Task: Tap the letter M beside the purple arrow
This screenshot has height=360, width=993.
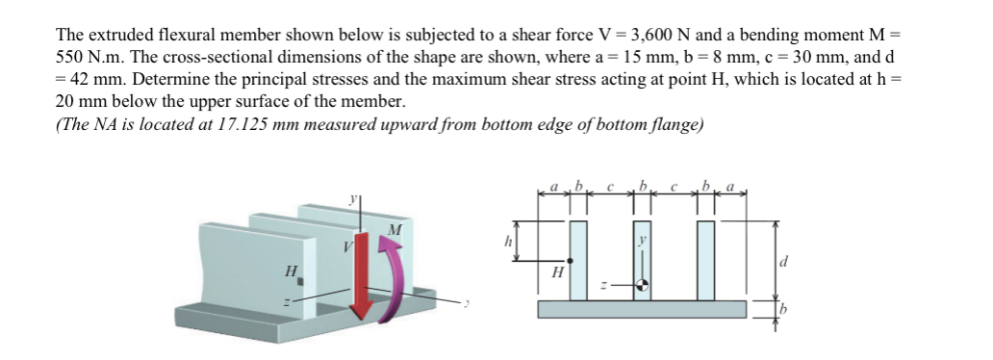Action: (x=393, y=229)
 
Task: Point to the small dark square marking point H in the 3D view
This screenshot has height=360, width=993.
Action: (x=300, y=281)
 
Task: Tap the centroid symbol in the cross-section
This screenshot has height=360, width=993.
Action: (x=642, y=285)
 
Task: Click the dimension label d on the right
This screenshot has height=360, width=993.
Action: (x=785, y=260)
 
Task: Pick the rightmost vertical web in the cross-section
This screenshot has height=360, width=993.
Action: (x=705, y=260)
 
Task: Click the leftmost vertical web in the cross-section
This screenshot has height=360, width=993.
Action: (x=578, y=260)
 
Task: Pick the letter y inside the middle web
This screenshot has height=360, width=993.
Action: (x=642, y=238)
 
